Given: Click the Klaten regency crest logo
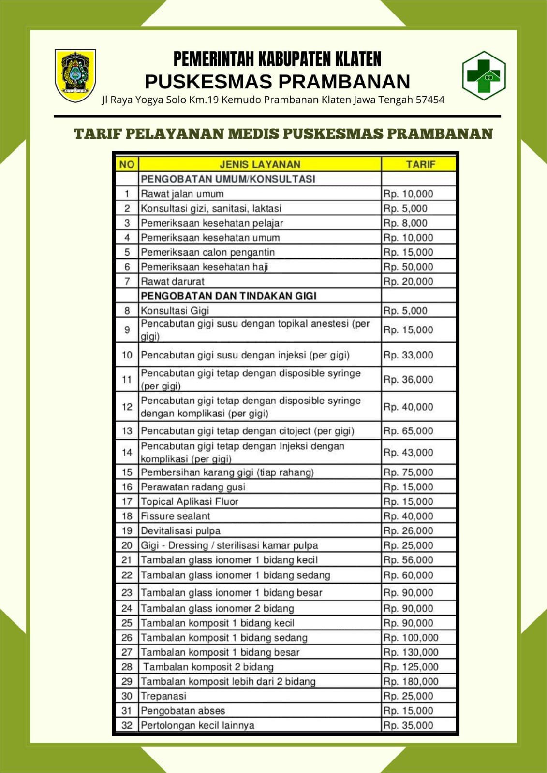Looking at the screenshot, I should click(75, 75).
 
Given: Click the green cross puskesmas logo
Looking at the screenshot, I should click(484, 75).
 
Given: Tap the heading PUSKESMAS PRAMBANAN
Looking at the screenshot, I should click(277, 82).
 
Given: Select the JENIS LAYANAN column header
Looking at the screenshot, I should click(260, 164).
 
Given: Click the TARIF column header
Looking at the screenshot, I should click(420, 164).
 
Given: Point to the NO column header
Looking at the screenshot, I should click(127, 164).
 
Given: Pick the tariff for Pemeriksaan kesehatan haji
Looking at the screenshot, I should click(408, 267).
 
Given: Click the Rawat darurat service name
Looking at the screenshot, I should click(173, 281).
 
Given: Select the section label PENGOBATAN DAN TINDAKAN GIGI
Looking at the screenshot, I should click(228, 296).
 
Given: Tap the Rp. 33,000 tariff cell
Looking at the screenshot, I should click(408, 355).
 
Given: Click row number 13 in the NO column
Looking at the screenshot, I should click(127, 431).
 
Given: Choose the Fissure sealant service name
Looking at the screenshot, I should click(176, 516).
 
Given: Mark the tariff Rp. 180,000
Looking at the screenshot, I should click(411, 681).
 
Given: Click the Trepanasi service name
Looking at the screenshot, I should click(163, 696).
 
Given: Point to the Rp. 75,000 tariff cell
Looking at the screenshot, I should click(408, 472).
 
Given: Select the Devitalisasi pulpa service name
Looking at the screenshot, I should click(180, 530).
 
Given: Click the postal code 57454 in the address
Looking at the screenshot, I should click(430, 100).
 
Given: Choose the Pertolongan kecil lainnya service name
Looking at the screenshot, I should click(197, 725).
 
